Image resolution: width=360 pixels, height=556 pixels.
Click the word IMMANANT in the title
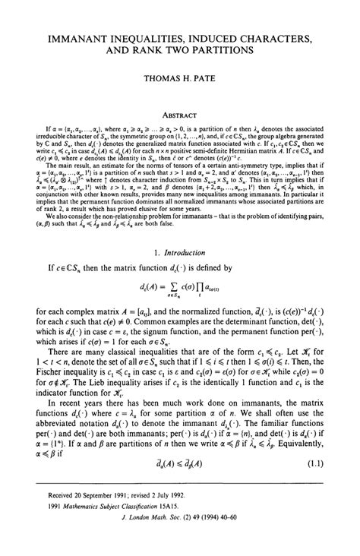point(81,36)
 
